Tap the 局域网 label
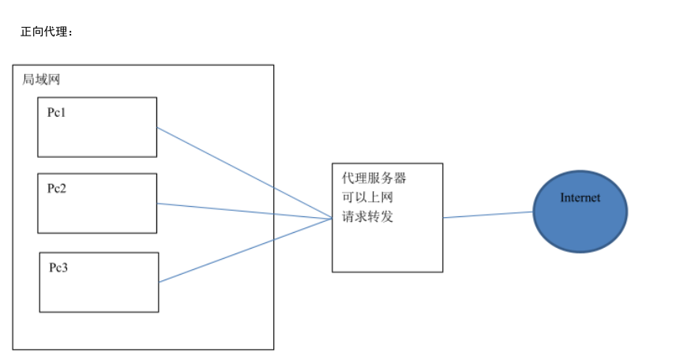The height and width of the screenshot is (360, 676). click(x=41, y=80)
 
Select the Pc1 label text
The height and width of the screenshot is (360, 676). click(x=56, y=112)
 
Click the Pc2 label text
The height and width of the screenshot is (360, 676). click(x=56, y=188)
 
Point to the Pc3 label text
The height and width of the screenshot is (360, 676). click(x=58, y=267)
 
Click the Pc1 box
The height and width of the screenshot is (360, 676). click(x=97, y=134)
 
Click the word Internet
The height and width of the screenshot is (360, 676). click(x=580, y=198)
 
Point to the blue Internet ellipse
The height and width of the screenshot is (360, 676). click(x=580, y=225)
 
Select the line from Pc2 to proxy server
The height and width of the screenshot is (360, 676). click(x=244, y=211)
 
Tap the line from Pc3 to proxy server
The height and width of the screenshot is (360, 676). click(x=244, y=250)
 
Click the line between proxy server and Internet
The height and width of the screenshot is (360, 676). click(x=488, y=214)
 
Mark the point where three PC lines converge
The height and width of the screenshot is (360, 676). click(x=331, y=218)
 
